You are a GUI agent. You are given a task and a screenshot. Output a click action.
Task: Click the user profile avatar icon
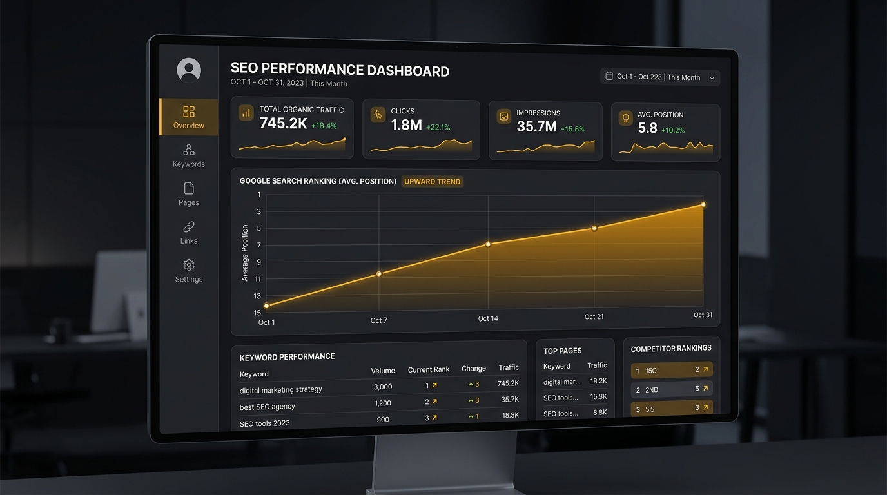click(x=189, y=70)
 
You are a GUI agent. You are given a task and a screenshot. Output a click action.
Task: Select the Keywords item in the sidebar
click(x=189, y=156)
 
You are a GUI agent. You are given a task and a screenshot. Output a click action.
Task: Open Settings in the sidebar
click(x=189, y=271)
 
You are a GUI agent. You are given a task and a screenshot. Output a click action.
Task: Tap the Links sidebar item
click(x=189, y=233)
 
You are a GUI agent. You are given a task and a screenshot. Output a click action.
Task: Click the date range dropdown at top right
click(x=660, y=77)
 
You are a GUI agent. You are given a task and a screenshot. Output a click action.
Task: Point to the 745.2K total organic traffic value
click(x=283, y=124)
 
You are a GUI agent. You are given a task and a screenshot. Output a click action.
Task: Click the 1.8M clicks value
click(x=406, y=125)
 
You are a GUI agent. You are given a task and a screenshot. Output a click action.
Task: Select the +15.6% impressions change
click(x=572, y=129)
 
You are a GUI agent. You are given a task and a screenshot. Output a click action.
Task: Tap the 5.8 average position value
click(x=647, y=128)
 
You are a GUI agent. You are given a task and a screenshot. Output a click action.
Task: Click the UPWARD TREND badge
click(x=432, y=182)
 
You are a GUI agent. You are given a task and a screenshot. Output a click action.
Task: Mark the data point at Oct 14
click(x=488, y=244)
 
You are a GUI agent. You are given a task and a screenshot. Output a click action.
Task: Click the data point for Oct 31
click(x=703, y=205)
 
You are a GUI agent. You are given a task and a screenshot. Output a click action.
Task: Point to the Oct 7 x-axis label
click(x=379, y=320)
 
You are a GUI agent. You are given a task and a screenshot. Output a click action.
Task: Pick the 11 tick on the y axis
click(x=258, y=279)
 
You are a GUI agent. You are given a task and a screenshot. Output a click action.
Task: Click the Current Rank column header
click(x=429, y=369)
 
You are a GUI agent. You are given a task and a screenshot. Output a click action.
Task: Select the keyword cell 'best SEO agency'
click(x=268, y=407)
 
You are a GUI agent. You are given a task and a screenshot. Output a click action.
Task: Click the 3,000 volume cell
click(x=383, y=387)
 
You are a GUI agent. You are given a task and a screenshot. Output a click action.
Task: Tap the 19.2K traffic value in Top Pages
click(x=598, y=381)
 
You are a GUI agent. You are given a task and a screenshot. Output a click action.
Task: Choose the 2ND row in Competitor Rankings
click(x=671, y=389)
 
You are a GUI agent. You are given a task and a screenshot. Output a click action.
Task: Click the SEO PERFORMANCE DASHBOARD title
click(x=340, y=71)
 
